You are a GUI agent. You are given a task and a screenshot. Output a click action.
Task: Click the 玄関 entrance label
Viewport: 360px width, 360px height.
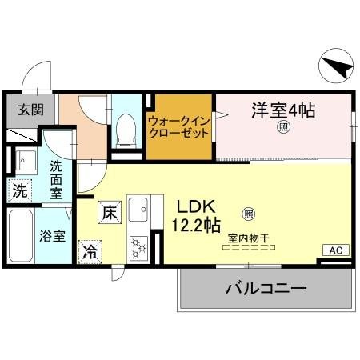[22, 110]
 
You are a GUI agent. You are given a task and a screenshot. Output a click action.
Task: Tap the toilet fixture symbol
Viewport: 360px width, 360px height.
[125, 128]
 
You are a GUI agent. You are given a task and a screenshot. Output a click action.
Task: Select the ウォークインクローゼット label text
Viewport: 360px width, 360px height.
[180, 126]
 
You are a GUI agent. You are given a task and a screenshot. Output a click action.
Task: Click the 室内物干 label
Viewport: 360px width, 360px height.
[247, 237]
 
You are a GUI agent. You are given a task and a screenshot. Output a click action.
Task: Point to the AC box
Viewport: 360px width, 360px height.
[335, 250]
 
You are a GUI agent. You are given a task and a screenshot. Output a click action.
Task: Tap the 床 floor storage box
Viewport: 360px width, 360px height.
[109, 213]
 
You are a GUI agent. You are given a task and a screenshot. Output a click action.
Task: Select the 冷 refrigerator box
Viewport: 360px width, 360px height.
[91, 250]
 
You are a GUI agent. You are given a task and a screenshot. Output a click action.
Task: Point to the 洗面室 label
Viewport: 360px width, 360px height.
[55, 180]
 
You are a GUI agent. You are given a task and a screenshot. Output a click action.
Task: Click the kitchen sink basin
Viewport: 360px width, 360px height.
[137, 209]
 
